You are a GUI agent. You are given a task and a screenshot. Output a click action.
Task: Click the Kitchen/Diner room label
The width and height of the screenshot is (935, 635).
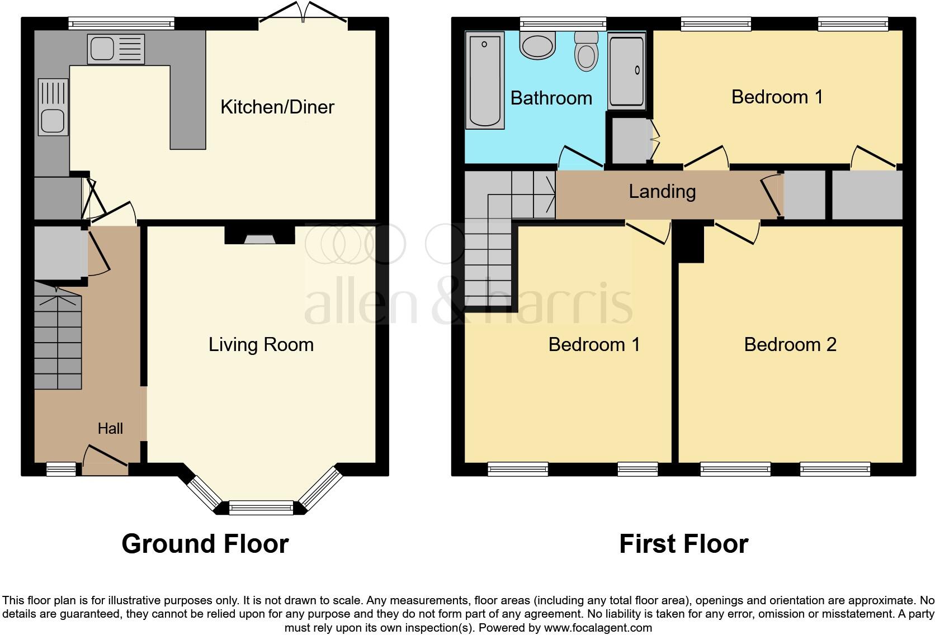pyautogui.click(x=277, y=107)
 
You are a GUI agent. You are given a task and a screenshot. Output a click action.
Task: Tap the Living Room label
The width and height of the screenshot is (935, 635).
pyautogui.click(x=261, y=344)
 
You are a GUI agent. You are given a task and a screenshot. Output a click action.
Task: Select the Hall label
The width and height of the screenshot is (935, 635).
pyautogui.click(x=110, y=429)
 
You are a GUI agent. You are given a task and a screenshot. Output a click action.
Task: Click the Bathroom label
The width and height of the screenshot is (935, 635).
pyautogui.click(x=551, y=98)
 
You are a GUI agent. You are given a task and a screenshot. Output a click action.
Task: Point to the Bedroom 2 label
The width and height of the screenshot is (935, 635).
pyautogui.click(x=790, y=344)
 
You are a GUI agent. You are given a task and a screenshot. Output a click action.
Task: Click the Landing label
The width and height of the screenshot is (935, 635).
pyautogui.click(x=662, y=191)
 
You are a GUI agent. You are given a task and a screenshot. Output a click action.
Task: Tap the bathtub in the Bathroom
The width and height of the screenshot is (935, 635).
pyautogui.click(x=484, y=80)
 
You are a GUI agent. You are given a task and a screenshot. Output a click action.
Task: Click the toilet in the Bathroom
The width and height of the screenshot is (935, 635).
pyautogui.click(x=587, y=51)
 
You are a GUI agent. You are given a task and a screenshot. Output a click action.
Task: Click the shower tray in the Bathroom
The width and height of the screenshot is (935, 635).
pyautogui.click(x=627, y=70)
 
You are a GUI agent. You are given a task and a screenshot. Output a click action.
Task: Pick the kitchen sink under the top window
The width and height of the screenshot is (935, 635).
pyautogui.click(x=116, y=49)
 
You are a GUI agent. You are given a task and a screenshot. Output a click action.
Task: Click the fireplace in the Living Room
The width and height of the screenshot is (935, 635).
pyautogui.click(x=260, y=236)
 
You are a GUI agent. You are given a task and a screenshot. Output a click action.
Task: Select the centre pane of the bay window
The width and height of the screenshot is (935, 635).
pyautogui.click(x=261, y=508)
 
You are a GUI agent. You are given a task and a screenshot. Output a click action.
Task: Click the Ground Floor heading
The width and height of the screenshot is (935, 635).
pyautogui.click(x=205, y=543)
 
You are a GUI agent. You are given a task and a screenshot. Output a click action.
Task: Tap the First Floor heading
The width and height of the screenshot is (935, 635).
pyautogui.click(x=683, y=543)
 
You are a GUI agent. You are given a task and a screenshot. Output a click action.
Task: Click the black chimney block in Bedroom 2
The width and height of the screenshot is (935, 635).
pyautogui.click(x=691, y=244)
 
